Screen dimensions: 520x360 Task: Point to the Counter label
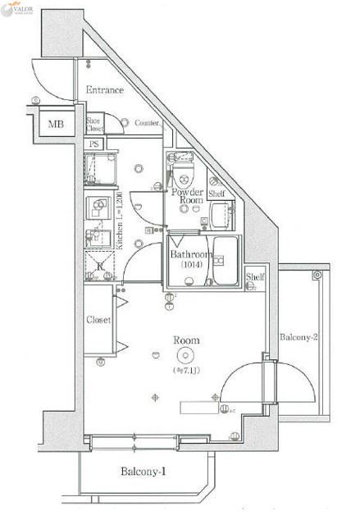point(147,123)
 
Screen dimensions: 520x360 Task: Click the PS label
point(93,144)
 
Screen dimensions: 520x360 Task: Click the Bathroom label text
point(191,255)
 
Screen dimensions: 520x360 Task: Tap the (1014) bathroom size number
point(190,266)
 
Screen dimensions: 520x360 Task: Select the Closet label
point(98,320)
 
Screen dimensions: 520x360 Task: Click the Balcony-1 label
point(144,472)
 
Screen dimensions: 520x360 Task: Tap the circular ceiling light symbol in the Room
point(185,355)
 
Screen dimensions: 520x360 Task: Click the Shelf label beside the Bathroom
point(255,277)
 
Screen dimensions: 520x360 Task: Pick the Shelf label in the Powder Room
point(216,194)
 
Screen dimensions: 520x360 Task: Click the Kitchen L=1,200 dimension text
point(120,226)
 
